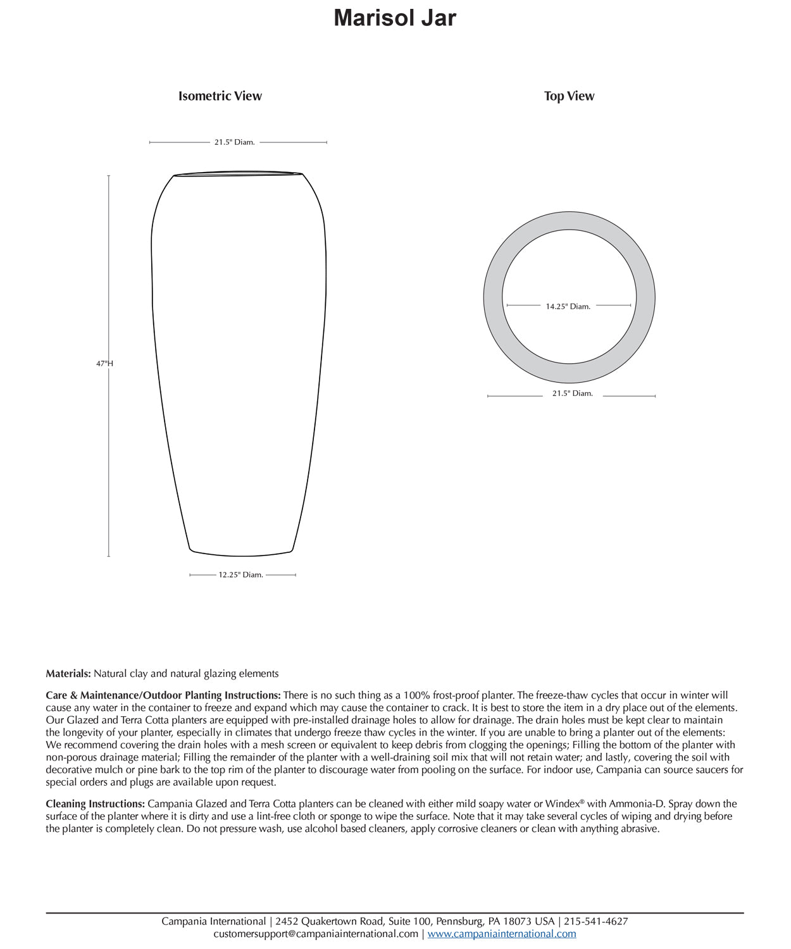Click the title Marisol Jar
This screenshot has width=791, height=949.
click(x=395, y=18)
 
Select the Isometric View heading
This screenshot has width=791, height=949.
click(x=220, y=96)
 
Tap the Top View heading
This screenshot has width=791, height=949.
click(x=569, y=96)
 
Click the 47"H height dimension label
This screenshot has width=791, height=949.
click(x=104, y=364)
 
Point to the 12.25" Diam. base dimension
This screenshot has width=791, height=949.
click(x=240, y=575)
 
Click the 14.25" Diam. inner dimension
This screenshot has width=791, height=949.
click(x=568, y=307)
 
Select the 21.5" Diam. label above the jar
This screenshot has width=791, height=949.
click(x=234, y=142)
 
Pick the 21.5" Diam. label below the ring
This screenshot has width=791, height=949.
click(x=572, y=394)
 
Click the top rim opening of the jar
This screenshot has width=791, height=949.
click(x=238, y=173)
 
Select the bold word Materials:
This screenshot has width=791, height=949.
click(x=68, y=674)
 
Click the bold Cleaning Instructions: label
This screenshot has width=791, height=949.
click(x=96, y=804)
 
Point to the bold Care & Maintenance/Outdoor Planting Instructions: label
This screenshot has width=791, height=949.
click(x=163, y=695)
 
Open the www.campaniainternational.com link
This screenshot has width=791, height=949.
click(x=502, y=934)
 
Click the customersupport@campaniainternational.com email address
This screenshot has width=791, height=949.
click(x=316, y=934)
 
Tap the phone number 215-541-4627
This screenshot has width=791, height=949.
click(x=596, y=922)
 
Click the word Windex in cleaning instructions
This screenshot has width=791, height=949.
click(x=562, y=804)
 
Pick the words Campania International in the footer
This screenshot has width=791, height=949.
click(x=213, y=922)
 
